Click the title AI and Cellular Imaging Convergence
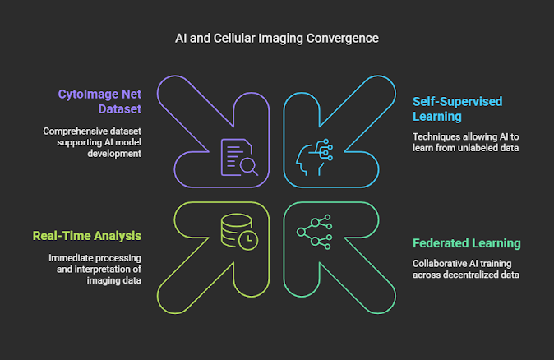(x=277, y=38)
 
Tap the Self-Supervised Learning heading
(x=456, y=109)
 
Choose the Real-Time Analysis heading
(x=87, y=236)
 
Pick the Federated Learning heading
(x=467, y=243)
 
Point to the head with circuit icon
(x=313, y=157)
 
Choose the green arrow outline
(x=345, y=263)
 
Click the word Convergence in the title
(x=347, y=38)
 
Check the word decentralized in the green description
(x=472, y=275)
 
